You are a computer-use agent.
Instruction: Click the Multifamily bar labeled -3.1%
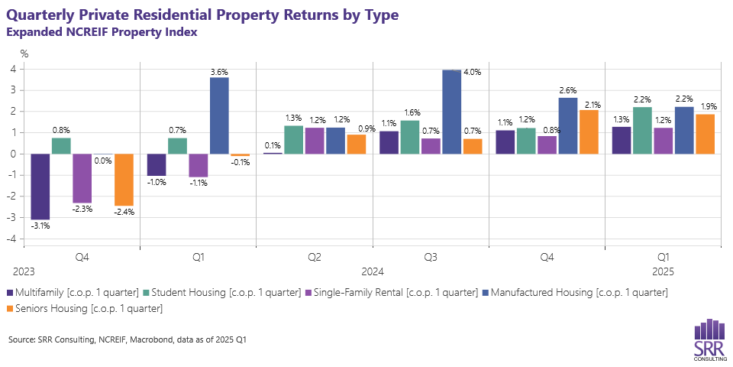[x=40, y=186]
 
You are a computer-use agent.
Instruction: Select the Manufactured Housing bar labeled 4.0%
[x=451, y=112]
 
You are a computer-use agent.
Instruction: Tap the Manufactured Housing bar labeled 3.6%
[x=219, y=115]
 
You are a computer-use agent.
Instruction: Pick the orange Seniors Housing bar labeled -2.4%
[x=124, y=179]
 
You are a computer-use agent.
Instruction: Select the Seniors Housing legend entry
[x=85, y=308]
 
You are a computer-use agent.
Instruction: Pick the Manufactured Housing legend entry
[x=577, y=292]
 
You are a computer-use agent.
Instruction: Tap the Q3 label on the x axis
[x=431, y=258]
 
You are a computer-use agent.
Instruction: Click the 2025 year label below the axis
[x=663, y=271]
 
